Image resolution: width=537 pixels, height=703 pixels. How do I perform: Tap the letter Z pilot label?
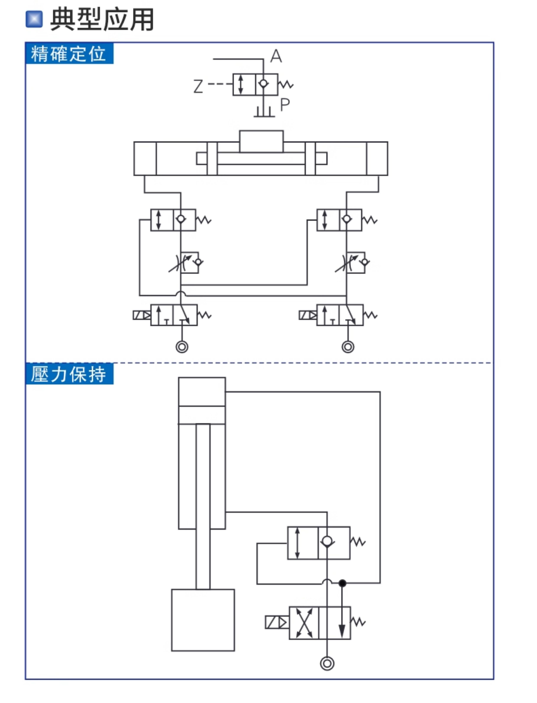point(198,86)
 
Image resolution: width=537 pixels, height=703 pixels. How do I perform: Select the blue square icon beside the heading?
point(34,19)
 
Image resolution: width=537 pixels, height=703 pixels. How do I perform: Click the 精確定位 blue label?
point(69,53)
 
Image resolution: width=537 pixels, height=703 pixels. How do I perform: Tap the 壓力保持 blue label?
point(69,374)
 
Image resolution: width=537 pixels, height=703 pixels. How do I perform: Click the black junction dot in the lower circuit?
point(342,583)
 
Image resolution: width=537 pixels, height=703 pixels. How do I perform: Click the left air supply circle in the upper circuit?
point(182,347)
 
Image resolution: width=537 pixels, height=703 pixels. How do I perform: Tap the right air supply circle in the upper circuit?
point(348,347)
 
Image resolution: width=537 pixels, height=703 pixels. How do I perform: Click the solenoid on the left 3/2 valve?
point(142,315)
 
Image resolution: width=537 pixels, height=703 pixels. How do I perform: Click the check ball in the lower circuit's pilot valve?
point(327,541)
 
